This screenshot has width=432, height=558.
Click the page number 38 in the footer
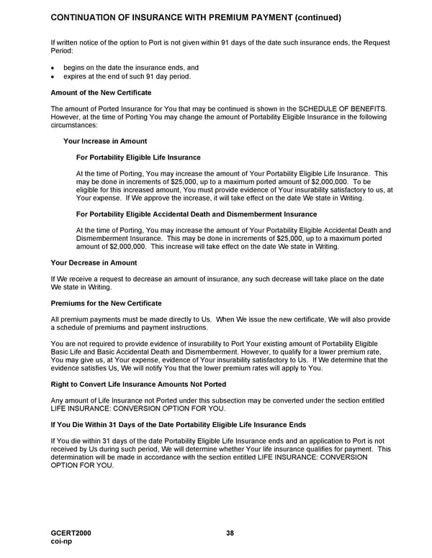coord(229,533)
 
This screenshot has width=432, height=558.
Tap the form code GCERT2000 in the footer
coord(71,533)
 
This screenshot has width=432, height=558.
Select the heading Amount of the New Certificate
coord(101,93)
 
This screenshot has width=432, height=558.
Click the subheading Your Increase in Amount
coord(104,141)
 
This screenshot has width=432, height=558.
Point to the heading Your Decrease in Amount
coord(94,263)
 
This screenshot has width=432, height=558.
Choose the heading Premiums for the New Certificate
coord(106,303)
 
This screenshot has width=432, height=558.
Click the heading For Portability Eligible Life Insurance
coord(138,157)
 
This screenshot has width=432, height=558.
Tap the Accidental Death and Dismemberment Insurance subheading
coord(196,214)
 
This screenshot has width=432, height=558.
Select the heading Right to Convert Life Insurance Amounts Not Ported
coord(138,384)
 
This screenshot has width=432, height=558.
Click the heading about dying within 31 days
coord(179,424)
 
